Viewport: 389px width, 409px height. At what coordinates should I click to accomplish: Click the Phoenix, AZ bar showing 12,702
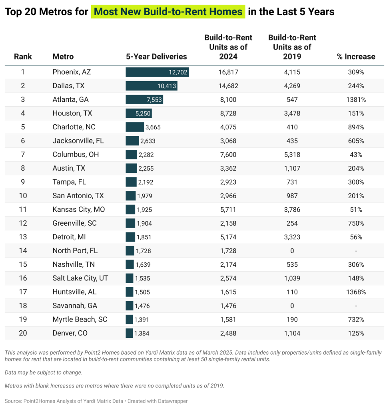pos(157,72)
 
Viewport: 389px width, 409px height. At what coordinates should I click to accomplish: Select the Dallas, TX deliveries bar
pos(151,86)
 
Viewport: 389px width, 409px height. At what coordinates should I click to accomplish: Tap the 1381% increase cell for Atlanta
pos(356,100)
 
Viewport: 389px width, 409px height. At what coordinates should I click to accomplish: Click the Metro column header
pos(63,57)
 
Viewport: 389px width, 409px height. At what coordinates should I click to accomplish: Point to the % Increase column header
pos(356,57)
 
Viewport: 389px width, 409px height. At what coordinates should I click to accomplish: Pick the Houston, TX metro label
pos(72,113)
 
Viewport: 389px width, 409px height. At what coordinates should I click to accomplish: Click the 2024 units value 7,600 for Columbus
pos(228,155)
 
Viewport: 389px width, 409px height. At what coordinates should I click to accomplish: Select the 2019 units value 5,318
pos(292,155)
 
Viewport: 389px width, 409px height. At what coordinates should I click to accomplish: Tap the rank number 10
pos(23,196)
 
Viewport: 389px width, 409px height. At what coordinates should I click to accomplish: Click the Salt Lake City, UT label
pos(80,278)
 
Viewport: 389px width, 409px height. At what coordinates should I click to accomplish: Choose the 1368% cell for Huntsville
pos(356,292)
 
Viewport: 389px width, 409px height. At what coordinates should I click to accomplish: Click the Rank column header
pos(23,57)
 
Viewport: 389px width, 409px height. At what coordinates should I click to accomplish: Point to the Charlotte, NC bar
pos(135,127)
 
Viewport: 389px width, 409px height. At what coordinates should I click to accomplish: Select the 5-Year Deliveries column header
pos(156,57)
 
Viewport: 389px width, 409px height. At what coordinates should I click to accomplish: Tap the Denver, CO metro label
pos(70,333)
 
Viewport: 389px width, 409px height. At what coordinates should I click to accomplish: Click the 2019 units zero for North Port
pos(292,251)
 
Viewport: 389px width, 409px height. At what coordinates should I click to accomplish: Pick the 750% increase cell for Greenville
pos(356,223)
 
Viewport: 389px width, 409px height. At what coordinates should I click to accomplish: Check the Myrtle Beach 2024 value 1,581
pos(228,320)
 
